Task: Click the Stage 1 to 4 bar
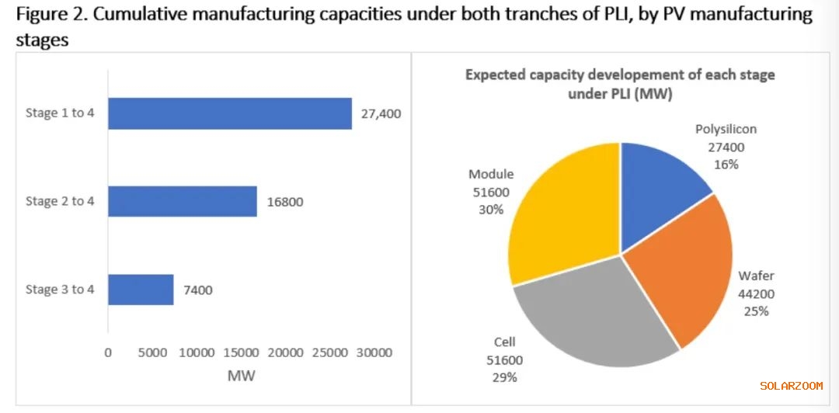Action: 229,113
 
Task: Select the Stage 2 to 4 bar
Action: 182,201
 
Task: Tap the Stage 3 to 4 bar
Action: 141,290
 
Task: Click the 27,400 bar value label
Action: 381,113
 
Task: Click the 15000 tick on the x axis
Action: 242,352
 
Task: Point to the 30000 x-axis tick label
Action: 374,352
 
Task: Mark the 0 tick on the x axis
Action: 108,352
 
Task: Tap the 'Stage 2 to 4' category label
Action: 60,202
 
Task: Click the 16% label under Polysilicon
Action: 726,165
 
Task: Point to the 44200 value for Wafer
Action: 756,293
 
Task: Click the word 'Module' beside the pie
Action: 490,175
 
